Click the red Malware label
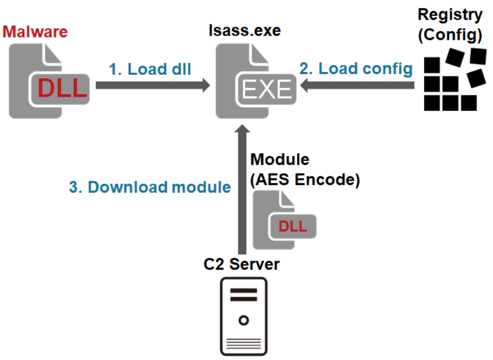(35, 31)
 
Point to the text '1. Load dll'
(150, 69)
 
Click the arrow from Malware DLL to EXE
(153, 85)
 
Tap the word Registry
(450, 14)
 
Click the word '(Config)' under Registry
(450, 34)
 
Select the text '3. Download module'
(150, 187)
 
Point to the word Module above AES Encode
(280, 160)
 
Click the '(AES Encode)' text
(305, 180)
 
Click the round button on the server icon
(243, 320)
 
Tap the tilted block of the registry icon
(477, 77)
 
